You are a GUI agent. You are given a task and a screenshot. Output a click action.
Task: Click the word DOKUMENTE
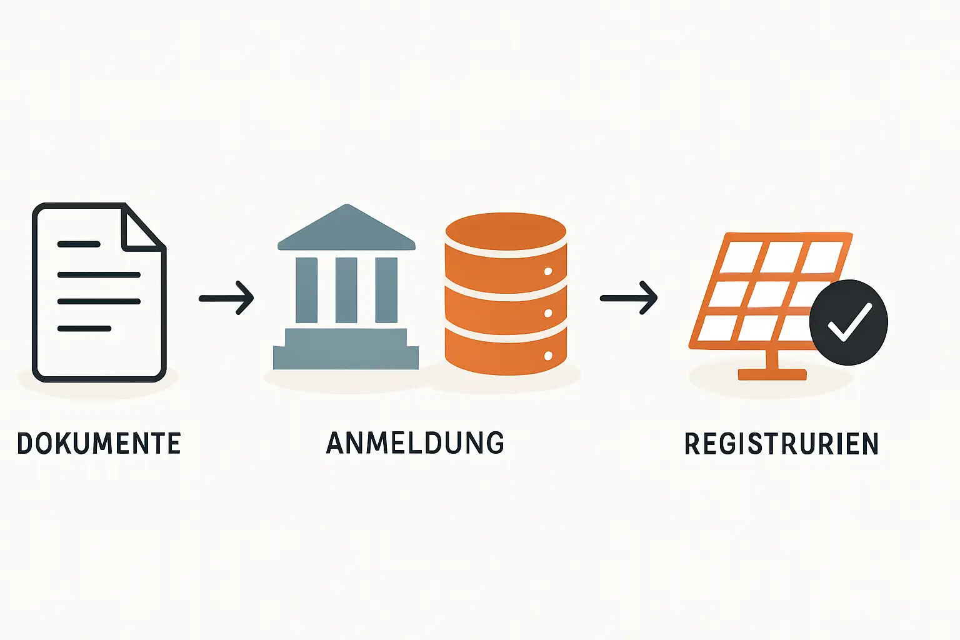click(x=99, y=443)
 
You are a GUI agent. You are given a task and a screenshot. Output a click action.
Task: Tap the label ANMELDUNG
click(x=415, y=442)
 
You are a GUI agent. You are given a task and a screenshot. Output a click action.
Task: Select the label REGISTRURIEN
click(x=781, y=444)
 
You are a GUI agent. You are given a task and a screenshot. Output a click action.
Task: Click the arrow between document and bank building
click(x=226, y=298)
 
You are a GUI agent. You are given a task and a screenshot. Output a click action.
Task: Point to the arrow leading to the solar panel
click(x=628, y=298)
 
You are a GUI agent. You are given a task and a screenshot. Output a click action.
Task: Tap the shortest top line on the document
click(x=79, y=244)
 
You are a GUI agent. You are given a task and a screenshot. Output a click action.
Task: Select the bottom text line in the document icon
click(x=84, y=328)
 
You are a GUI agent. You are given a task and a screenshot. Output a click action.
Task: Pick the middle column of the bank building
click(x=346, y=290)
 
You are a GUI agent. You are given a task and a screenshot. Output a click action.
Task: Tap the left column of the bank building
click(x=306, y=290)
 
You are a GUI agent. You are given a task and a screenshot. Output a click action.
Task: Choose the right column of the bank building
click(x=386, y=290)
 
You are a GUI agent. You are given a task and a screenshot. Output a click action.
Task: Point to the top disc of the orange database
click(x=506, y=231)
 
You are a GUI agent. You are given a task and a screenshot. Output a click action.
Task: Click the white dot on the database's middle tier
click(x=549, y=313)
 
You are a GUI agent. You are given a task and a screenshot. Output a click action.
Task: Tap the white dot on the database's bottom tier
click(x=549, y=356)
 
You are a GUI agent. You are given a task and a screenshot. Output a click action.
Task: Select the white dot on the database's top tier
click(x=549, y=271)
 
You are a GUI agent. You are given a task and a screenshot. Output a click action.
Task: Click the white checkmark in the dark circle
click(x=848, y=322)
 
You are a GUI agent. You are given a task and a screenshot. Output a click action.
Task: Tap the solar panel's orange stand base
click(x=772, y=374)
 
